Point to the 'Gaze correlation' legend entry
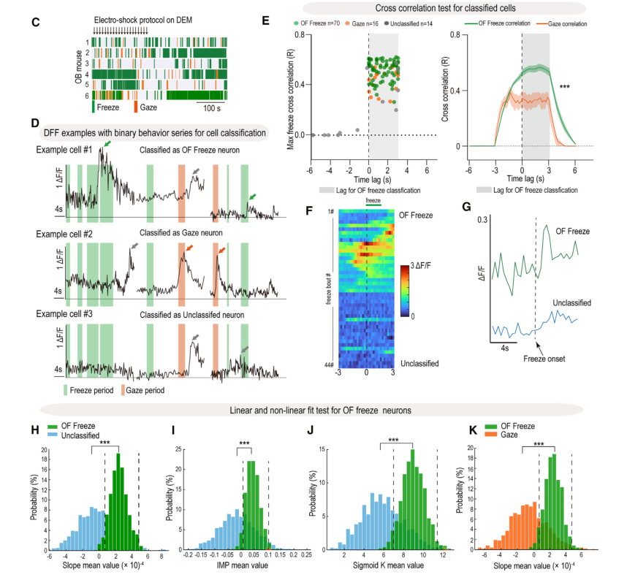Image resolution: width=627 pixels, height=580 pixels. (550, 24)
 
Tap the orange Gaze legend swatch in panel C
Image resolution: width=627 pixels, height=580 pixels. (135, 107)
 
